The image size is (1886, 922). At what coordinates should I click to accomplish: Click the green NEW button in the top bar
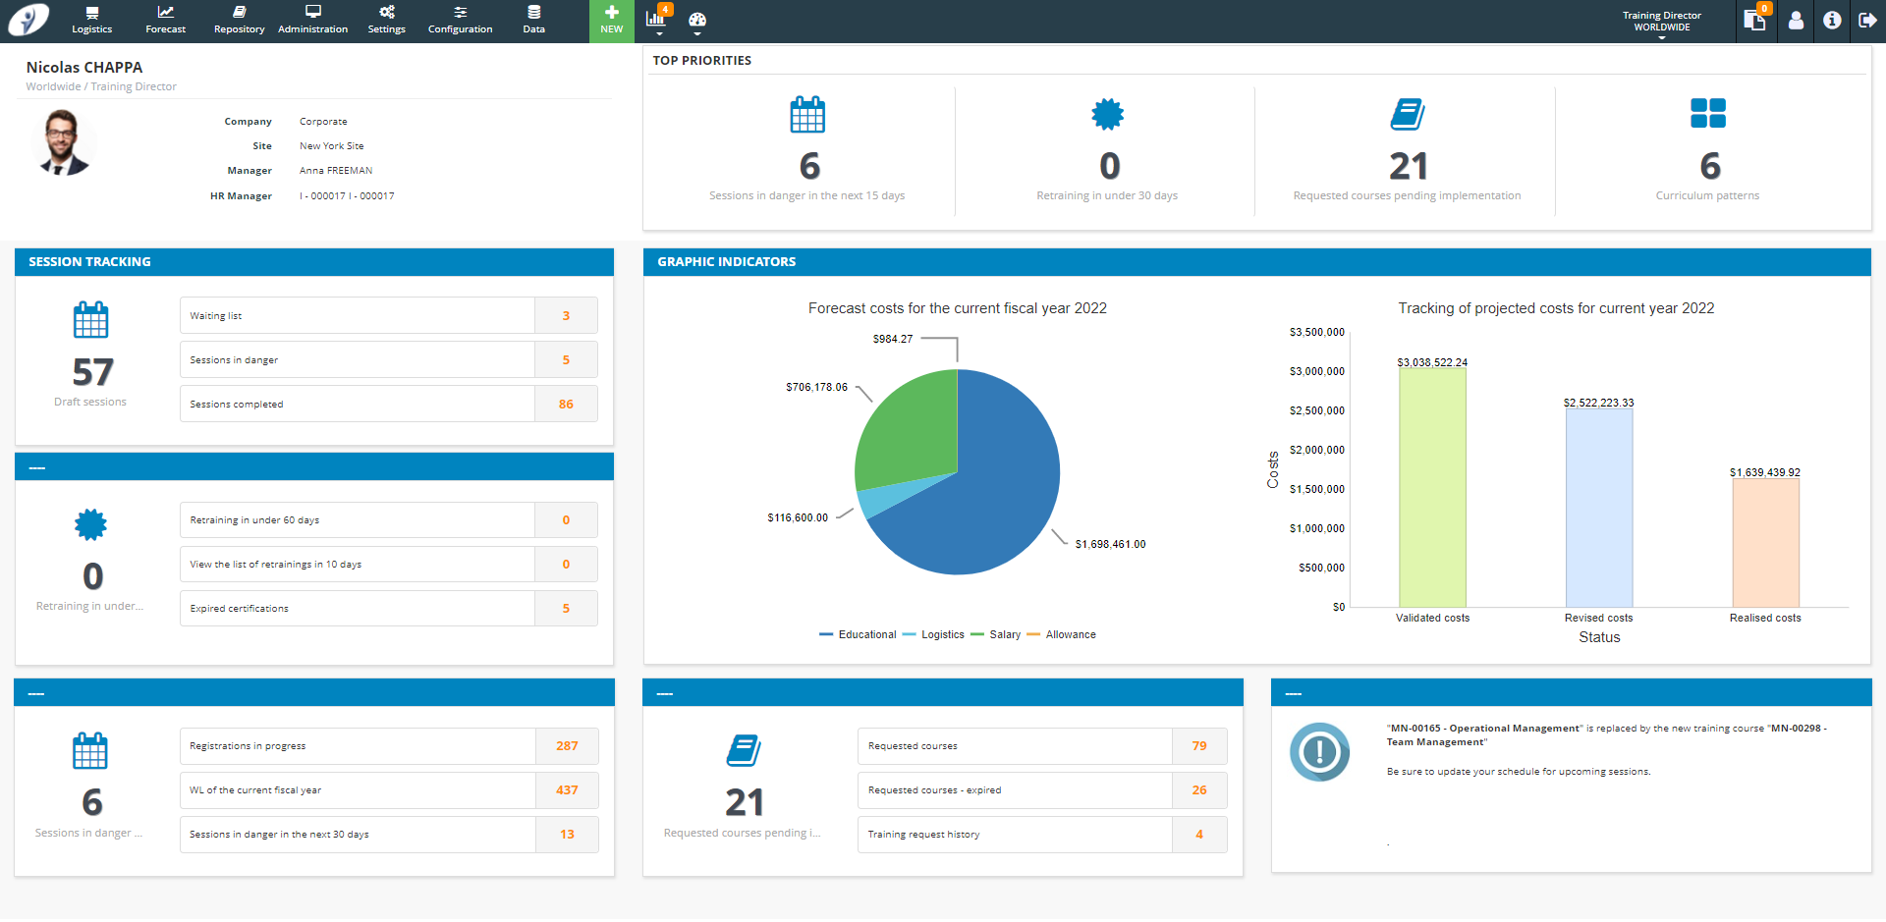(611, 21)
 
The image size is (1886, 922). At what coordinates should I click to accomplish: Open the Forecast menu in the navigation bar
(165, 21)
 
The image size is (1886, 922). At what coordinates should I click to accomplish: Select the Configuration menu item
(460, 21)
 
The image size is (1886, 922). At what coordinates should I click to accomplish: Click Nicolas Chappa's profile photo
(64, 143)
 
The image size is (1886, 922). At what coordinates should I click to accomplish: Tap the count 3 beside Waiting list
(566, 316)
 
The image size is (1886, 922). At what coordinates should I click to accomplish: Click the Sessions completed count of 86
(566, 405)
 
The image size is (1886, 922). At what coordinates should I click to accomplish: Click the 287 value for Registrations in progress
(567, 746)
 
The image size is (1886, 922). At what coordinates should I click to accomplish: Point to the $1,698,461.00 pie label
(1110, 544)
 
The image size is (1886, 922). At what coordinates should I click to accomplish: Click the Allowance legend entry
(1070, 635)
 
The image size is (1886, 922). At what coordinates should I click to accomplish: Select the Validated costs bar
(1432, 491)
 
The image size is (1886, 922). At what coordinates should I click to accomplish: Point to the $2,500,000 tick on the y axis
(1316, 410)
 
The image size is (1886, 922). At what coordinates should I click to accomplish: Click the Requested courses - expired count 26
(1199, 790)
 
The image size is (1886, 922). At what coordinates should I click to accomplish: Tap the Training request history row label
(923, 835)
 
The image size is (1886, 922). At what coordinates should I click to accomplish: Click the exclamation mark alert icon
(1319, 752)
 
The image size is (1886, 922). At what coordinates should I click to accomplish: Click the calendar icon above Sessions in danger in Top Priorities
(807, 115)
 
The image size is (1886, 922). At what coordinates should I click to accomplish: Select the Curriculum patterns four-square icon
(1707, 114)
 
